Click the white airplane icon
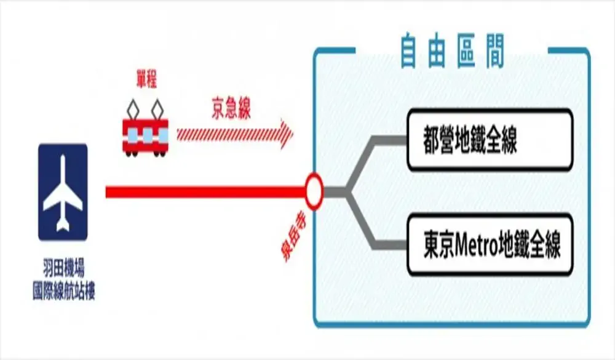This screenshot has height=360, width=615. coord(63,193)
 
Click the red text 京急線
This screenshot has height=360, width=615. coord(231,108)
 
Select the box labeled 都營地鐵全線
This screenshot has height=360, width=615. coord(490,140)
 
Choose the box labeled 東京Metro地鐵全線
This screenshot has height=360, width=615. coord(490,244)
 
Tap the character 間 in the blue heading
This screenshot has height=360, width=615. coord(495,52)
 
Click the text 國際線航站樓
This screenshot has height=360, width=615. coord(63,291)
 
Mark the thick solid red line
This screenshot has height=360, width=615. coord(205,192)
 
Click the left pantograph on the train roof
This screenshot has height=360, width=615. coord(133,109)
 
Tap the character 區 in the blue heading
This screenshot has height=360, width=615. coord(466,52)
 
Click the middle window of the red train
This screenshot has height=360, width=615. coord(147,135)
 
